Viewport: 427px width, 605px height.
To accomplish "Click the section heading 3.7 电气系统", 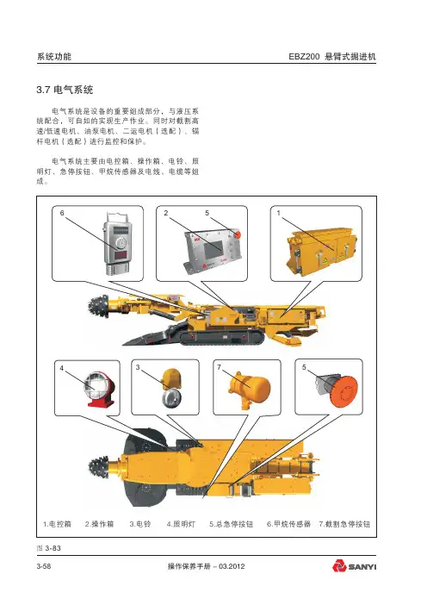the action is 65,90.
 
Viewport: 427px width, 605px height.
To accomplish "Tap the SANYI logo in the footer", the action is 354,566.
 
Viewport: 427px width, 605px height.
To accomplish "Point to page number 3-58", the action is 44,566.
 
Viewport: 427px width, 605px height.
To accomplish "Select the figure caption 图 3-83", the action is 48,548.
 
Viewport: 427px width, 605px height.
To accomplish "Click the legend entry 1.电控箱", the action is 57,524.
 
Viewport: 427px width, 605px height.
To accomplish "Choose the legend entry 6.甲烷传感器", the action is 288,524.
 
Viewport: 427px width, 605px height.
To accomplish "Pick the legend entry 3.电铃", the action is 140,524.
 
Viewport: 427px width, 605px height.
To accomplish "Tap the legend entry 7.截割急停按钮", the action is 344,524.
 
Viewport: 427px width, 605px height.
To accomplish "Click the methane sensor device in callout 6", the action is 119,244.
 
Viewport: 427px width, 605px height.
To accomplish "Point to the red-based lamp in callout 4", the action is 99,389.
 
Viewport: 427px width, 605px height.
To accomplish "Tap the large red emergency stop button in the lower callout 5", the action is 343,390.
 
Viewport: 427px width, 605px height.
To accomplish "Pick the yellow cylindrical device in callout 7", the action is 249,387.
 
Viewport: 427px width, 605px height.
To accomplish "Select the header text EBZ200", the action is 304,56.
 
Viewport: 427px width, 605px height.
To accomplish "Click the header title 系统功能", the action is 54,56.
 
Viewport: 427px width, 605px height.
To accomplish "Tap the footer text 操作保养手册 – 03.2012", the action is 206,566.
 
